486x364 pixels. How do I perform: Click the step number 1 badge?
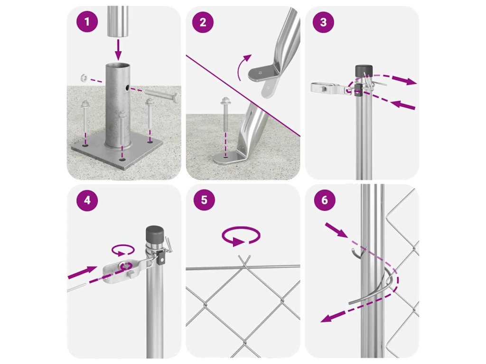(87, 22)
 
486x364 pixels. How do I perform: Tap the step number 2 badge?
(203, 22)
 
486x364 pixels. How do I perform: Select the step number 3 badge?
(323, 22)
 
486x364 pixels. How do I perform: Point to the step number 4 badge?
(87, 200)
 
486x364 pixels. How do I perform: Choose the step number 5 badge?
(204, 200)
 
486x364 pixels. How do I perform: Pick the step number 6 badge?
(325, 200)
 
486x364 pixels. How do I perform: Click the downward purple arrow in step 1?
(118, 49)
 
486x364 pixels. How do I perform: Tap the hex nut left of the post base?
(83, 77)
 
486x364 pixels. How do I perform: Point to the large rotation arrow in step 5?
(241, 237)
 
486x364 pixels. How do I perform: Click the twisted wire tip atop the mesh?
(244, 260)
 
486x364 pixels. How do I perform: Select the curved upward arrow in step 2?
(243, 66)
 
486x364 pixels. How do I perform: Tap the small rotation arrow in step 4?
(123, 250)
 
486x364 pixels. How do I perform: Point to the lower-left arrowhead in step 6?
(326, 318)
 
